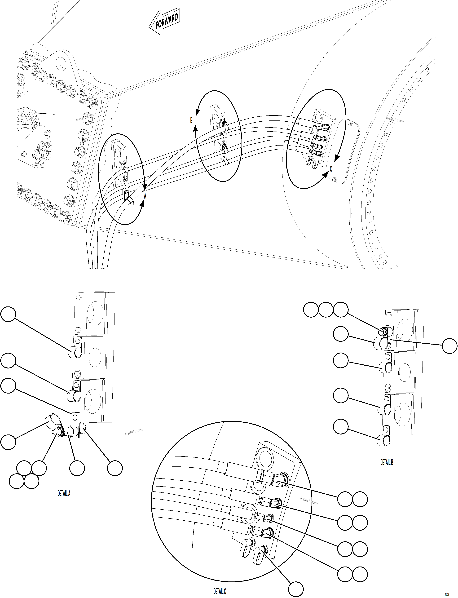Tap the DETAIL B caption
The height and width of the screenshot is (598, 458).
(387, 462)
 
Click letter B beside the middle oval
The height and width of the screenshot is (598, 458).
(191, 120)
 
